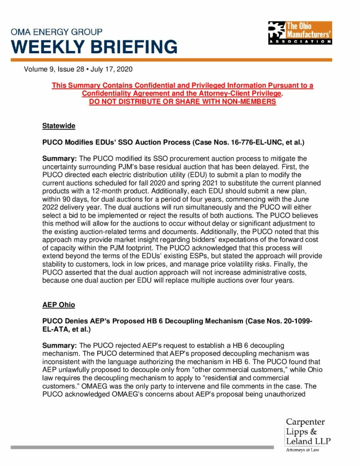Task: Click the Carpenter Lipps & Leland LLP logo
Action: [x=308, y=432]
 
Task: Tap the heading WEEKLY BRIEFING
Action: [x=94, y=47]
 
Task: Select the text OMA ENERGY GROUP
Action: [x=57, y=32]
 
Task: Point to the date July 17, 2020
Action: [x=113, y=70]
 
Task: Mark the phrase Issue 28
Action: [x=72, y=70]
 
